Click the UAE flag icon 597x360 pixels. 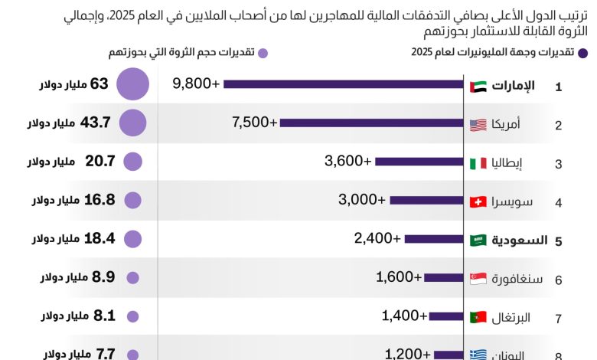[x=478, y=86]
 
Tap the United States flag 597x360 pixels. [x=478, y=124]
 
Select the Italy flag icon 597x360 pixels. [x=478, y=163]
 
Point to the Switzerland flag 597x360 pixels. [x=478, y=201]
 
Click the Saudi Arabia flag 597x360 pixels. [x=478, y=241]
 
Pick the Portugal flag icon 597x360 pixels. [x=478, y=316]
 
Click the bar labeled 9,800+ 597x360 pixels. [x=344, y=85]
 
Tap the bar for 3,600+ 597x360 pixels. [x=419, y=162]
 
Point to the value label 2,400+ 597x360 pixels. [x=377, y=238]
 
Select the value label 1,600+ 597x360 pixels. [x=399, y=277]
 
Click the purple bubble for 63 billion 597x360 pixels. [x=132, y=84]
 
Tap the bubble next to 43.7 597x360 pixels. [x=132, y=123]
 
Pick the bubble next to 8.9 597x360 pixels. [x=132, y=277]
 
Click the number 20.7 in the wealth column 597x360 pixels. [x=99, y=161]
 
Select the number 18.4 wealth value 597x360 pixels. [x=99, y=238]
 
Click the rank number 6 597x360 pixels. [x=558, y=280]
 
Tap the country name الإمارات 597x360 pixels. [x=513, y=86]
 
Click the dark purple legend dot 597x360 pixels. [x=582, y=53]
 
